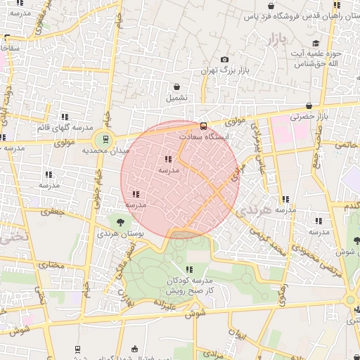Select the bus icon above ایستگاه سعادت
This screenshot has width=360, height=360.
click(x=203, y=127)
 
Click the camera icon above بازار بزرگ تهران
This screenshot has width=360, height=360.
click(x=224, y=60)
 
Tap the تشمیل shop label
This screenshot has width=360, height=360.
click(x=176, y=98)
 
